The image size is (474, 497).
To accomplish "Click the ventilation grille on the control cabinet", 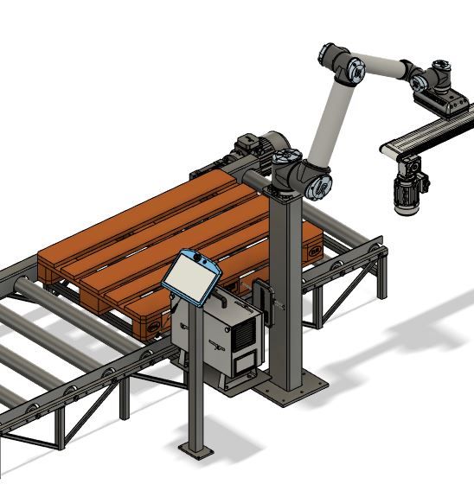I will [x=247, y=332].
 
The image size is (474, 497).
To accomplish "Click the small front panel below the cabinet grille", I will [x=246, y=364].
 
